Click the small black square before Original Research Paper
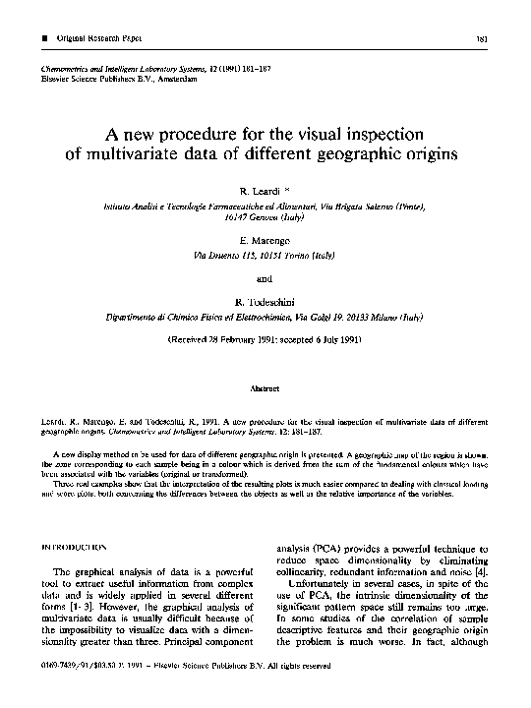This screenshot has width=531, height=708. (x=35, y=39)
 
